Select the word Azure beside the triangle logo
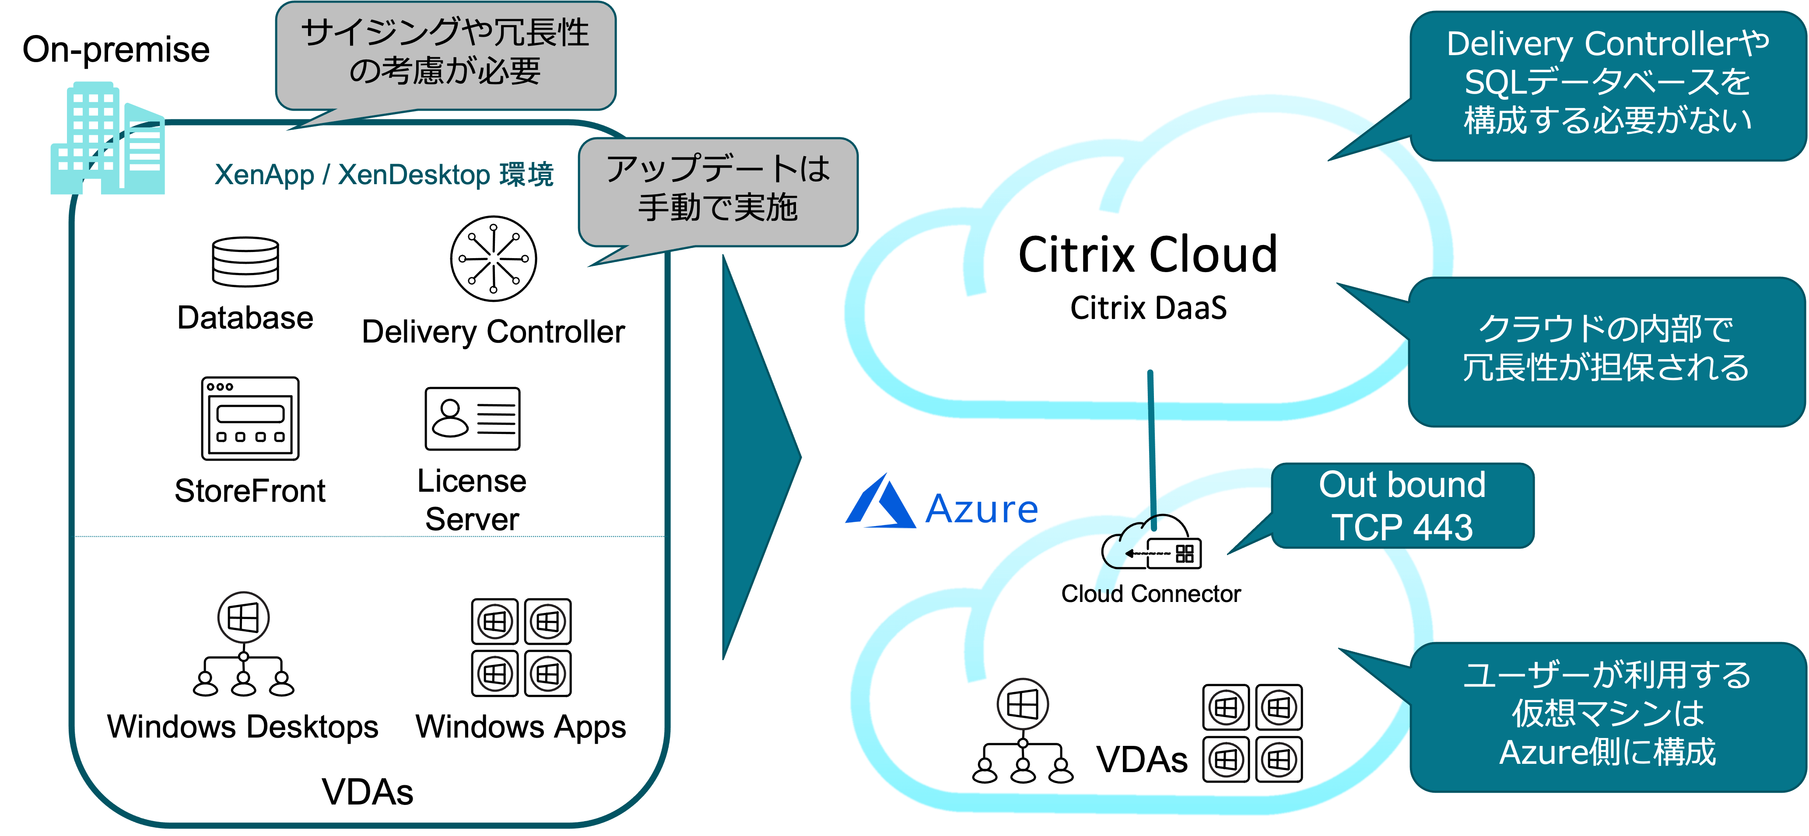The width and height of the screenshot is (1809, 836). tap(982, 509)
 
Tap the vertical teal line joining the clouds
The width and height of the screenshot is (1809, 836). tap(1152, 449)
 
